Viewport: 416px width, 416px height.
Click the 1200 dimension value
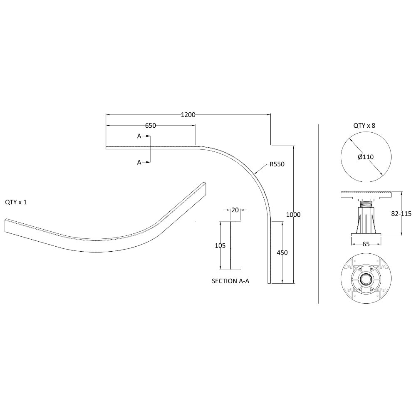click(188, 115)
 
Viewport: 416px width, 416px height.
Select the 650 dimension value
click(151, 126)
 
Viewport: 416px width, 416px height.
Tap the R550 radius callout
click(277, 164)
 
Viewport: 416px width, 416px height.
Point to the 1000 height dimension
click(293, 215)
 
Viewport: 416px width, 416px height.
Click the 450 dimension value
click(282, 253)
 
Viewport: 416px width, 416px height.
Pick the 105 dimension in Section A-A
click(220, 246)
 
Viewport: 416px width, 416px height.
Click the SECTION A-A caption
click(230, 281)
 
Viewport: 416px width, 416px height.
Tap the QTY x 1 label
click(16, 202)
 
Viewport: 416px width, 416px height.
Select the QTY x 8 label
click(364, 126)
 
